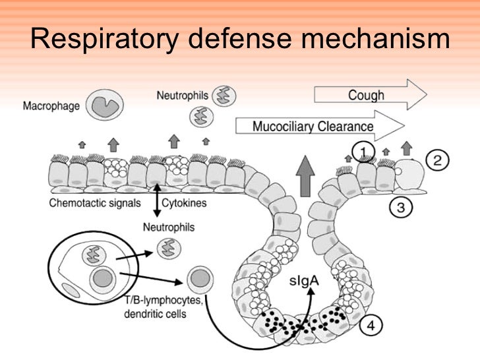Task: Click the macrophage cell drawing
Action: click(x=104, y=105)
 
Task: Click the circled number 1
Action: click(x=362, y=152)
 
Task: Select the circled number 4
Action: click(x=371, y=325)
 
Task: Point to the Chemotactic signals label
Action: click(x=95, y=203)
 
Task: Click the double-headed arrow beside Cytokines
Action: click(x=157, y=200)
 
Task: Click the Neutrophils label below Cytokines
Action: click(x=170, y=227)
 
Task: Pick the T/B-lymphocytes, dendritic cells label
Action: click(x=165, y=308)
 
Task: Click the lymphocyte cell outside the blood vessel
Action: click(x=198, y=279)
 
